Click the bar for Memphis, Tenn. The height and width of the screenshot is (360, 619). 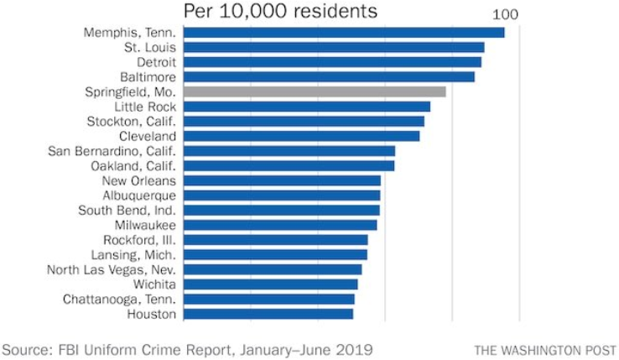click(344, 33)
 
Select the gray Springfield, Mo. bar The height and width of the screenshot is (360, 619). click(315, 91)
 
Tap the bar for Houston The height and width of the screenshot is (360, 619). click(268, 314)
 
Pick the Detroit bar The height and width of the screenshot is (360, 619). click(332, 62)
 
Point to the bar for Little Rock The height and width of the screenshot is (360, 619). click(307, 107)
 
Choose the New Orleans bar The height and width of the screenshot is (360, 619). click(282, 180)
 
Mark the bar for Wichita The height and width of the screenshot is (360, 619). click(270, 284)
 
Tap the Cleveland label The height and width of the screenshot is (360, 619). click(148, 136)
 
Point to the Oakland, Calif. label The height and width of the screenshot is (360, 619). click(133, 165)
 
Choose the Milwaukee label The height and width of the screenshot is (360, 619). click(146, 225)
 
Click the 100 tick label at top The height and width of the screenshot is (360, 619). click(505, 14)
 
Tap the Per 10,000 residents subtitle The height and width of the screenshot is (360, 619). click(280, 12)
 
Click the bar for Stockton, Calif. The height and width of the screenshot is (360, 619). click(304, 122)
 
